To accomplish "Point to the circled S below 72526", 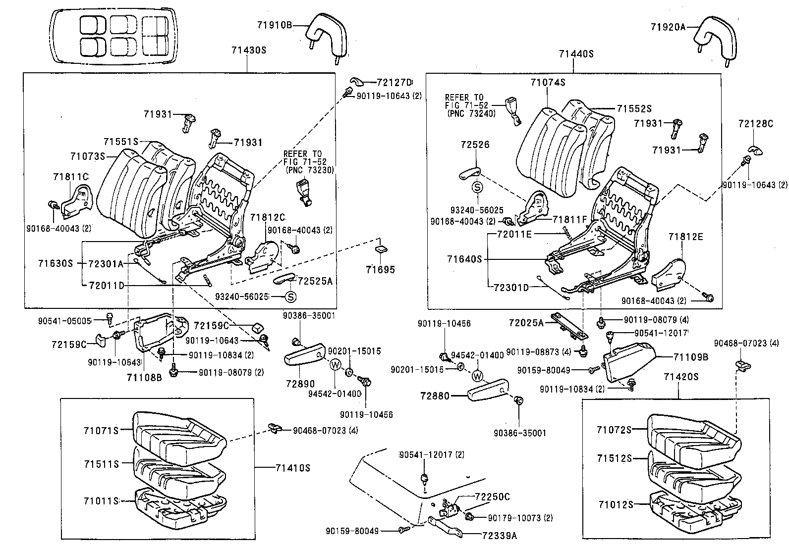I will [477, 187].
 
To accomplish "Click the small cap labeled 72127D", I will [356, 81].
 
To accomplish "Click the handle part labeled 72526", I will [469, 173].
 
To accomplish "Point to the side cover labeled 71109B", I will [628, 364].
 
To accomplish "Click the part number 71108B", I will [144, 378].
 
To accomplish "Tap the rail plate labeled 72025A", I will [569, 325].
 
